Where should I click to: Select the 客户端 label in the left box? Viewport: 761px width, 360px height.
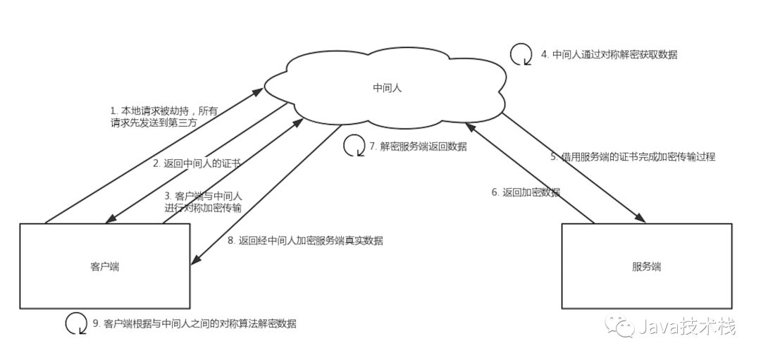(x=104, y=267)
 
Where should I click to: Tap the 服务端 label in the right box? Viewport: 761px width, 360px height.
(x=646, y=267)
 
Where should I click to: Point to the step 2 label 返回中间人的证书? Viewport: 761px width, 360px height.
(x=197, y=163)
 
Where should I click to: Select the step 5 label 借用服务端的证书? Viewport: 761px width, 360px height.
(x=633, y=157)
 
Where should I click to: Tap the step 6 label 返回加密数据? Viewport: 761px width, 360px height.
(x=526, y=192)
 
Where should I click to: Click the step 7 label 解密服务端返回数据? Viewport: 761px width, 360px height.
(x=418, y=147)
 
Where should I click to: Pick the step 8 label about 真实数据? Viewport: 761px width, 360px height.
(x=305, y=240)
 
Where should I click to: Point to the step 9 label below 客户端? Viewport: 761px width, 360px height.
(x=194, y=324)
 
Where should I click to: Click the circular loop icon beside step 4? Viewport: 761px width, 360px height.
(x=521, y=54)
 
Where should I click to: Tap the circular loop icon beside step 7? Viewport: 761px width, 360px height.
(x=354, y=146)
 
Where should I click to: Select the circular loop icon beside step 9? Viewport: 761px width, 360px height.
(x=76, y=323)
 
